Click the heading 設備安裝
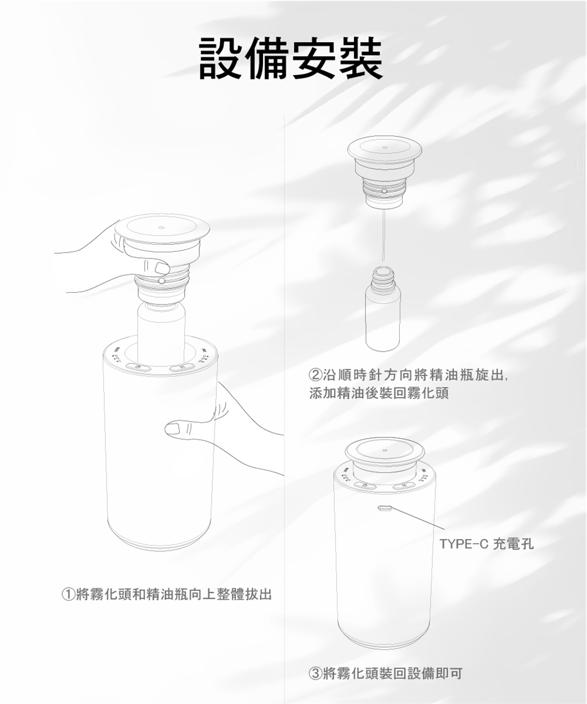pos(290,59)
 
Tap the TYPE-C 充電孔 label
pos(486,544)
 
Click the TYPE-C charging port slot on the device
pos(385,508)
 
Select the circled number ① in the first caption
pos(68,595)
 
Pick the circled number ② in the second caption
pos(316,375)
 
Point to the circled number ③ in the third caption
pos(316,673)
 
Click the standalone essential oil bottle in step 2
pos(382,309)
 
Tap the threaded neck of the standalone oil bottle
pos(382,275)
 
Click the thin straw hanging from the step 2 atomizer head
pos(383,235)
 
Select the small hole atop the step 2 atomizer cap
pos(385,147)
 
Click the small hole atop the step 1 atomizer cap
pos(161,227)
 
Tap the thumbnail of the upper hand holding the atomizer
pos(160,268)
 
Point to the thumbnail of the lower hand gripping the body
pos(173,430)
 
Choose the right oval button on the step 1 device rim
pos(182,368)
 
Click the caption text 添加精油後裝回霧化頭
pos(379,394)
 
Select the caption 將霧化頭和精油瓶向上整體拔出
pos(174,595)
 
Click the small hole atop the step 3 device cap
pos(385,449)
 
